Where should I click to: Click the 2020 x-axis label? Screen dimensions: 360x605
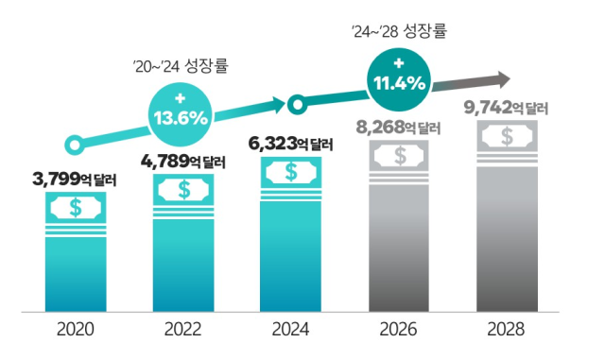pyautogui.click(x=76, y=332)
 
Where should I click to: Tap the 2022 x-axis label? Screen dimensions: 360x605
pyautogui.click(x=183, y=332)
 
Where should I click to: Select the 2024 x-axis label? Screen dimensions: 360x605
pyautogui.click(x=290, y=332)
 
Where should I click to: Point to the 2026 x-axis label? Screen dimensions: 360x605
pyautogui.click(x=399, y=332)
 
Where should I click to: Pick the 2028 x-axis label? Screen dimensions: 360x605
pyautogui.click(x=506, y=332)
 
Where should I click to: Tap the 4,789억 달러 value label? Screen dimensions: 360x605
pyautogui.click(x=183, y=160)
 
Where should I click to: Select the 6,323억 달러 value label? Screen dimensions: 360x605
pyautogui.click(x=291, y=144)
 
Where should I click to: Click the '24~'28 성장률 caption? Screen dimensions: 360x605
pyautogui.click(x=398, y=31)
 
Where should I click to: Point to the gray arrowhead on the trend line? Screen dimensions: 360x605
pyautogui.click(x=501, y=78)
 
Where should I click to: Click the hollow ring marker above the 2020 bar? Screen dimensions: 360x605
pyautogui.click(x=72, y=145)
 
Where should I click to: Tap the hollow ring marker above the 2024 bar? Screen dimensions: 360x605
pyautogui.click(x=296, y=101)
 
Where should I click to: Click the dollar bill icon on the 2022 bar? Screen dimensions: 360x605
pyautogui.click(x=183, y=189)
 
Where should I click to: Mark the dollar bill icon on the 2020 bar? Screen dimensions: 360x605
pyautogui.click(x=76, y=206)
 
